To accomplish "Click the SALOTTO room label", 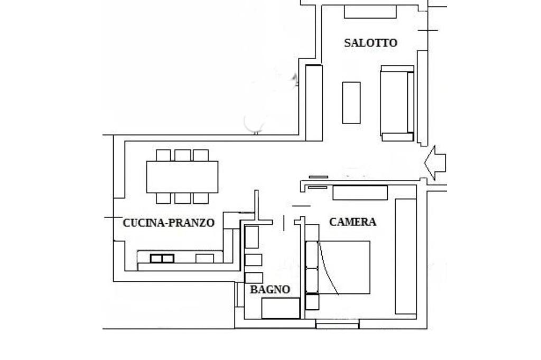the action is point(370,43).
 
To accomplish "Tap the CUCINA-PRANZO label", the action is point(169,223).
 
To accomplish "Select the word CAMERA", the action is point(352,222).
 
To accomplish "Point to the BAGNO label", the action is point(270,290).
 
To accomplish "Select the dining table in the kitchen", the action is point(182,177).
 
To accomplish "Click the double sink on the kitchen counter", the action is point(162,258).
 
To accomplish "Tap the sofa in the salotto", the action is point(397,103).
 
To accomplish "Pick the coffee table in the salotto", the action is point(351,102).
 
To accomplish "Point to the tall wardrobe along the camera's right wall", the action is point(406,257).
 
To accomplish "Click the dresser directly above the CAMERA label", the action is point(360,193).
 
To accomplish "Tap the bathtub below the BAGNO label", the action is point(281,308).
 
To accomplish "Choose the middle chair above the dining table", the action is point(182,155).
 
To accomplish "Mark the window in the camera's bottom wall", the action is point(337,324).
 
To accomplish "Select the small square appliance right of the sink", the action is point(204,258).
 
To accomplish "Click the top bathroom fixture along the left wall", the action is point(252,237).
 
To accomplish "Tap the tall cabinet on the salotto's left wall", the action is point(313,102).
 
